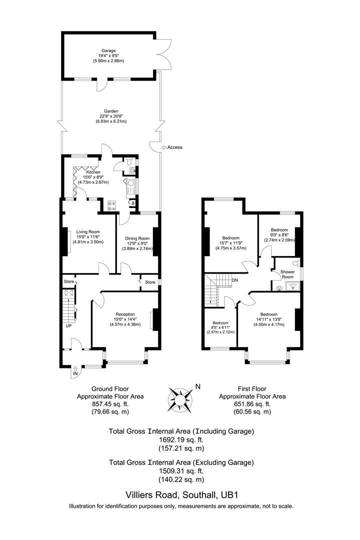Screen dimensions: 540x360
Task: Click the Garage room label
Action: [108, 50]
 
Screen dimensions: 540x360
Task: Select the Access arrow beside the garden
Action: [164, 147]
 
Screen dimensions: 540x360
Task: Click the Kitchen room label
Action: [85, 172]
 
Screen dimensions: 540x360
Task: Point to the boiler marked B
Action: [132, 203]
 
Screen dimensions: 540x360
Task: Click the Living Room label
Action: [87, 231]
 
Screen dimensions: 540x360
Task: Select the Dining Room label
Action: [137, 238]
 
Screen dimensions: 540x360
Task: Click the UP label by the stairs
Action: [68, 325]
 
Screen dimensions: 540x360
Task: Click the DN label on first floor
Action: [234, 280]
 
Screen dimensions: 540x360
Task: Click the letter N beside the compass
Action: [197, 386]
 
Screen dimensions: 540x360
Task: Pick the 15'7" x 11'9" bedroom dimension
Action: [231, 243]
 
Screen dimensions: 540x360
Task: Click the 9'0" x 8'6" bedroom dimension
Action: [279, 234]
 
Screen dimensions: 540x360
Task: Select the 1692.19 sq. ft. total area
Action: [181, 439]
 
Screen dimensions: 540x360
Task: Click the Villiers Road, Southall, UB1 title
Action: [181, 495]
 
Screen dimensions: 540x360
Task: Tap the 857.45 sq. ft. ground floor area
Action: [110, 404]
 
